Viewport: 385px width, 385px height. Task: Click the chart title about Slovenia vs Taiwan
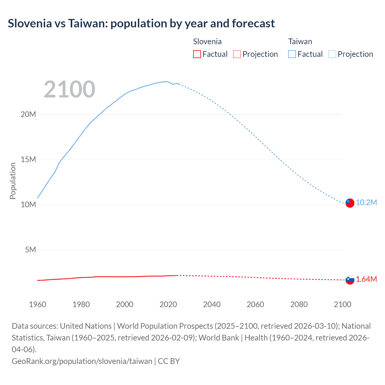[x=141, y=23]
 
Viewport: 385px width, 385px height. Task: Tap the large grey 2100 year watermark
[x=69, y=89]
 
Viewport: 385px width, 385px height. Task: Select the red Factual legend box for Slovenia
[x=197, y=54]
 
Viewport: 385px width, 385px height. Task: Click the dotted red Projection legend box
[x=237, y=54]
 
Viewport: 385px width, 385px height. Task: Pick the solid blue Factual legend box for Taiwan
[x=292, y=54]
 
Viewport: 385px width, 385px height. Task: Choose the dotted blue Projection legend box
[x=332, y=54]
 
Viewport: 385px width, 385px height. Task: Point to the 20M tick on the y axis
[x=28, y=114]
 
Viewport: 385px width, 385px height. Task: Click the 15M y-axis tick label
[x=28, y=159]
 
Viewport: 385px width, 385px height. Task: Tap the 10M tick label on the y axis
[x=28, y=205]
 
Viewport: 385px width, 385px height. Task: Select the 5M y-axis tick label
[x=30, y=250]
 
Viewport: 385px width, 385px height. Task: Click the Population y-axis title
[x=13, y=181]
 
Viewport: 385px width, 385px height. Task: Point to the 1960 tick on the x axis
[x=38, y=304]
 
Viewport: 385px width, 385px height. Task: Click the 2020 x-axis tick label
[x=168, y=304]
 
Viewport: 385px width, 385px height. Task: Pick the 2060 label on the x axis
[x=255, y=304]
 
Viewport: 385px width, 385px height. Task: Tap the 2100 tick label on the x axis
[x=342, y=304]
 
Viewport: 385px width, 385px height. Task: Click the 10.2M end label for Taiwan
[x=366, y=202]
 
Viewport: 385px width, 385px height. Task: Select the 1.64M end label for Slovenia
[x=366, y=279]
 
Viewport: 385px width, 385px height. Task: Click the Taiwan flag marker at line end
[x=350, y=203]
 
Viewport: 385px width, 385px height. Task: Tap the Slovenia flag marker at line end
[x=350, y=280]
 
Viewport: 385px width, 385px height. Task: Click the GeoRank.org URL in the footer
[x=82, y=361]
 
